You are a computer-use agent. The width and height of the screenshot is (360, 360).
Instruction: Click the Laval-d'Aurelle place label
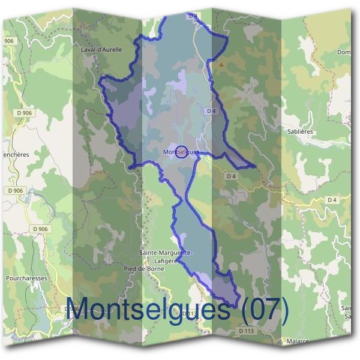(x=101, y=50)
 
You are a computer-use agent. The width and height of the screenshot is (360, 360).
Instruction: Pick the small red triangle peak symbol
(x=222, y=64)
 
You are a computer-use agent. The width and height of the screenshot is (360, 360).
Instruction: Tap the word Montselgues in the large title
(x=148, y=309)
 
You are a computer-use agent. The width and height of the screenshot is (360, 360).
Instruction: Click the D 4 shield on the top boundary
(x=193, y=16)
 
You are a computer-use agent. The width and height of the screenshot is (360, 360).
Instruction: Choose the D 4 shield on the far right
(x=332, y=199)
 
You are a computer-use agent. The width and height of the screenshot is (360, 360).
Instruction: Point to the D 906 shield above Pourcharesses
(x=40, y=229)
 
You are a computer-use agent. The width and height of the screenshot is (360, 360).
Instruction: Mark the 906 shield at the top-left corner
(x=8, y=40)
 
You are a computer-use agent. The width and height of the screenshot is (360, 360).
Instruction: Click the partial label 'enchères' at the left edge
(x=14, y=154)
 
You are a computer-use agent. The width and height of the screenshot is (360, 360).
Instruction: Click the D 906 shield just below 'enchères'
(x=16, y=190)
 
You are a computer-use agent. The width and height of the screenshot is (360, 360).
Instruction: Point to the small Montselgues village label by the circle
(x=180, y=152)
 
